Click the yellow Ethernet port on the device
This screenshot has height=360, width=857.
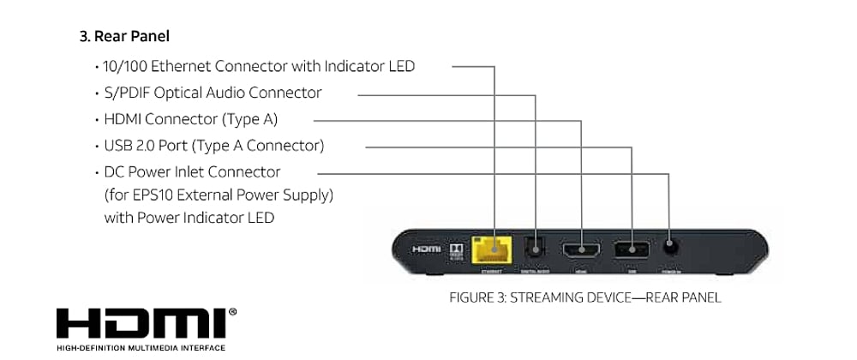point(497,249)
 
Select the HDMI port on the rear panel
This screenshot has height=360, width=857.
point(582,249)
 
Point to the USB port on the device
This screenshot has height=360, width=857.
point(632,249)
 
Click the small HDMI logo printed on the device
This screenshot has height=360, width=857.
point(426,249)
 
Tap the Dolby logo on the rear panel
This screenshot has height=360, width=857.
point(457,249)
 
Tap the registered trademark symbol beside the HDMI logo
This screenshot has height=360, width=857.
point(233,312)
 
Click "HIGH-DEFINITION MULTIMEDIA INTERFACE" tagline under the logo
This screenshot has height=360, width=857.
point(141,348)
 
